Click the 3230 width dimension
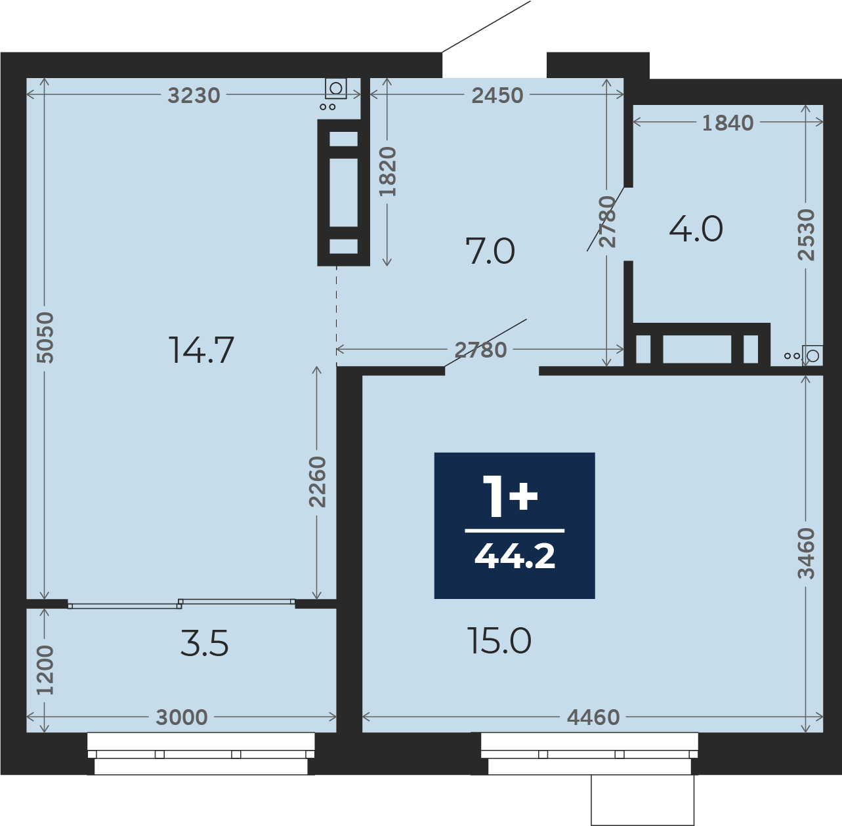click(194, 96)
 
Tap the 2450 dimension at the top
click(497, 96)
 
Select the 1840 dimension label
click(728, 123)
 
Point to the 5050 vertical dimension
click(45, 338)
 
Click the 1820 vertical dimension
click(388, 172)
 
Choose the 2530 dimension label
click(806, 235)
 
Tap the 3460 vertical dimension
click(806, 554)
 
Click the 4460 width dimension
click(593, 717)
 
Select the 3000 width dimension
click(182, 717)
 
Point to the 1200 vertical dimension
click(45, 670)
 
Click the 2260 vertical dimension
click(318, 482)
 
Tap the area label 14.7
click(201, 350)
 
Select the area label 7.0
click(490, 251)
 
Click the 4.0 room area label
click(696, 229)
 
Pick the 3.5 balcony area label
click(205, 644)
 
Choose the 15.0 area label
click(499, 641)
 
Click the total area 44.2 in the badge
click(515, 557)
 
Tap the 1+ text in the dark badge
click(510, 496)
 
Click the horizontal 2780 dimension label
click(480, 350)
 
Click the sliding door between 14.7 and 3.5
click(181, 604)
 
